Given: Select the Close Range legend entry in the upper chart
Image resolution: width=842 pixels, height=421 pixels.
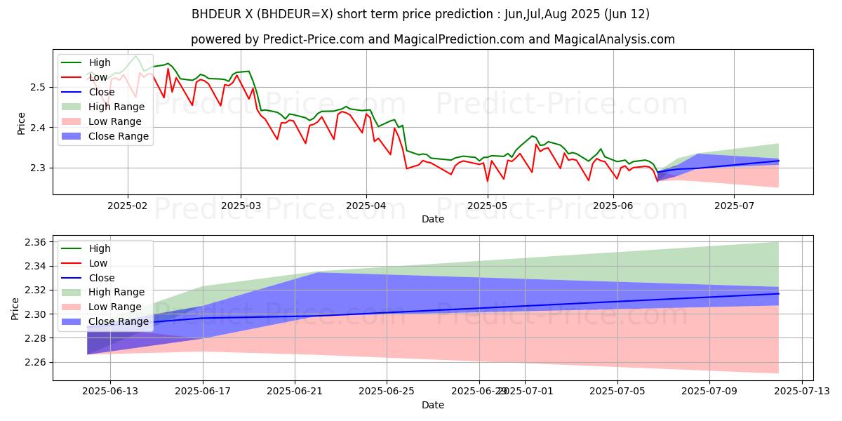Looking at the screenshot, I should point(119,136).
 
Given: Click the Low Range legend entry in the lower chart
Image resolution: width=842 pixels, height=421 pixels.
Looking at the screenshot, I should point(116,307).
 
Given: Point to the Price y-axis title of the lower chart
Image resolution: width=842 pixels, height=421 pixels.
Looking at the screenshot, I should point(15,308).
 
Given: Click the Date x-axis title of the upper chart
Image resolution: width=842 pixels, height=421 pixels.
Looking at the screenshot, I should point(432,219).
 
